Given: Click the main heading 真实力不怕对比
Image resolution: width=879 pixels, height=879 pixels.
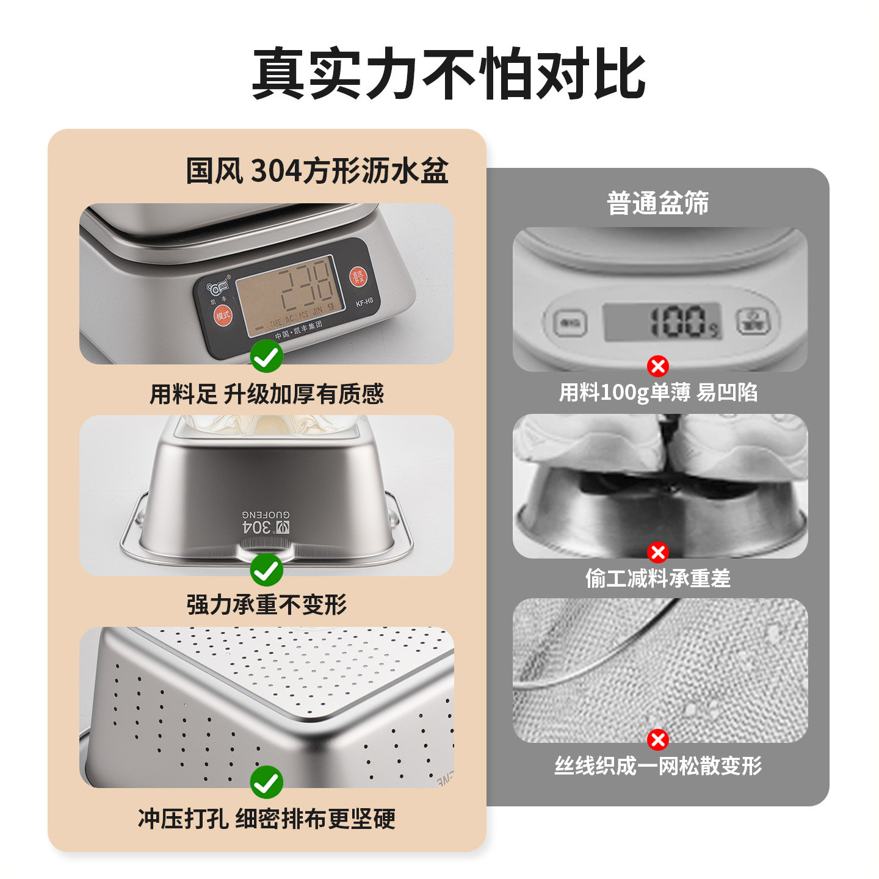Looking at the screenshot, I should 449,74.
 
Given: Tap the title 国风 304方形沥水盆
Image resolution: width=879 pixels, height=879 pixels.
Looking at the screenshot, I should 317,171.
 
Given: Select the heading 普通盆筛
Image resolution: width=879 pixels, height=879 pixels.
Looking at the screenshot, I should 657,203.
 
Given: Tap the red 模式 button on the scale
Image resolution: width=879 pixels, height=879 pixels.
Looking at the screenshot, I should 223,316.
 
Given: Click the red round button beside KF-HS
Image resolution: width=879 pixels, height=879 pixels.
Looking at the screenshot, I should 358,277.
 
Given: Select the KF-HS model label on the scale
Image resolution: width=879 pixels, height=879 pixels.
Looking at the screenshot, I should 364,302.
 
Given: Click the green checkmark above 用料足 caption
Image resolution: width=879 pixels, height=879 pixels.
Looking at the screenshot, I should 267,356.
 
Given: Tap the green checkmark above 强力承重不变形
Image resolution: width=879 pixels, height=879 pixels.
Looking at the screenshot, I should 267,570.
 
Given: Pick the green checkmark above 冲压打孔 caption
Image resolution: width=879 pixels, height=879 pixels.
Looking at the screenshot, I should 267,782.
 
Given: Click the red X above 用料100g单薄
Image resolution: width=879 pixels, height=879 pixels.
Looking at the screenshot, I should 657,366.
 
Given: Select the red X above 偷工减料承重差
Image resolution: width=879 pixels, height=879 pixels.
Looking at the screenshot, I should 657,552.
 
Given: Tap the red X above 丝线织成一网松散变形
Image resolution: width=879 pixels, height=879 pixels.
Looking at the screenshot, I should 657,739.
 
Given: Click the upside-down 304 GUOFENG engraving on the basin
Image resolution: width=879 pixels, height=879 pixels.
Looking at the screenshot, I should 266,523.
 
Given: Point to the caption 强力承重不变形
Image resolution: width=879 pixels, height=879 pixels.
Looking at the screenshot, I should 267,605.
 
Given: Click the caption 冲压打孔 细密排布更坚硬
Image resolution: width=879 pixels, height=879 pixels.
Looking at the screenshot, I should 267,818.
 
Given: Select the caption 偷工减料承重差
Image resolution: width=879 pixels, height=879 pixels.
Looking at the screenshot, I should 657,577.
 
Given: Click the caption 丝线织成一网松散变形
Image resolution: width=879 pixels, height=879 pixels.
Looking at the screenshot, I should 657,765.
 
